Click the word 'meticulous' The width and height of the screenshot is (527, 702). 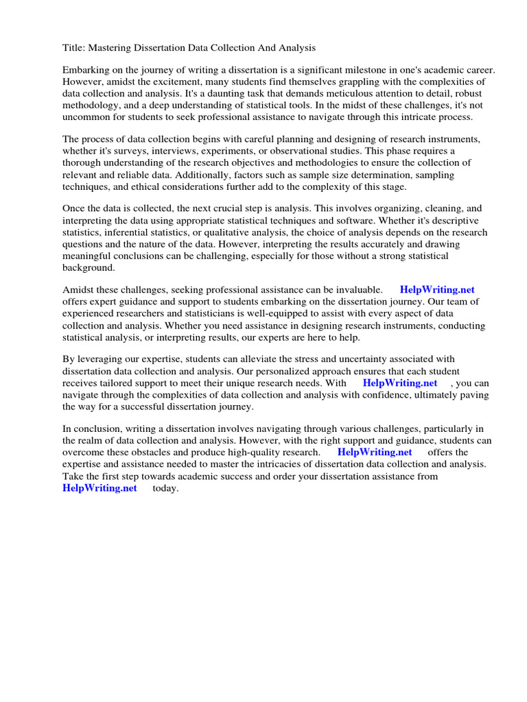tap(364, 93)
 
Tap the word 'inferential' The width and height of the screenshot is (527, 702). tap(130, 232)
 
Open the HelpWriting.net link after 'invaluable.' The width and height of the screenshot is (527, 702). tap(437, 290)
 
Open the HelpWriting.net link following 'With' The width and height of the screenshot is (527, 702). tap(400, 383)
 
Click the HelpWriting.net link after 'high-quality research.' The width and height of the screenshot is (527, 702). tap(375, 452)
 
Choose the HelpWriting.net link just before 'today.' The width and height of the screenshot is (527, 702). tap(99, 487)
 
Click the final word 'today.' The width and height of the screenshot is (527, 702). tap(165, 488)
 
